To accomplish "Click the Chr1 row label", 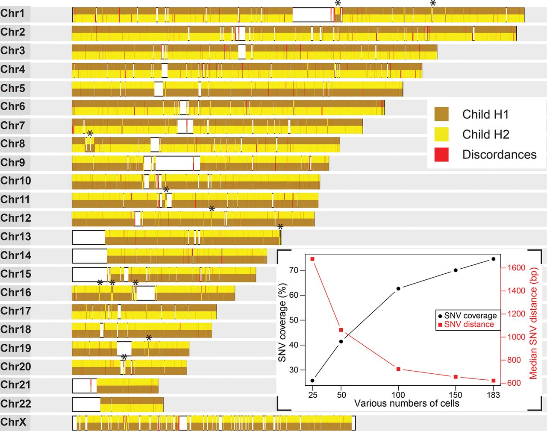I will point(13,14).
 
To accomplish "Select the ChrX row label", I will point(14,422).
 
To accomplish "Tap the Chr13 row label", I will point(16,237).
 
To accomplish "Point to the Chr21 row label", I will point(16,385).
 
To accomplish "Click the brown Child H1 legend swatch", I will point(441,114).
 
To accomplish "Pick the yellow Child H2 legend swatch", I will point(441,135).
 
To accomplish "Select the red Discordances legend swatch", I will point(441,155).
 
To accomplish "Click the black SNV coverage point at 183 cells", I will point(494,259).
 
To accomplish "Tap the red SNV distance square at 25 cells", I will point(312,259).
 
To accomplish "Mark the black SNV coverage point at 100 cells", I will point(398,289).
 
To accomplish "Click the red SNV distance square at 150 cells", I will point(456,377).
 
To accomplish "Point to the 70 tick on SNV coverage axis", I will point(294,270).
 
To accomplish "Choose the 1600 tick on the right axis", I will point(516,268).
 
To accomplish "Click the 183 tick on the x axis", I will point(493,395).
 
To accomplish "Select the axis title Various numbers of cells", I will point(406,404).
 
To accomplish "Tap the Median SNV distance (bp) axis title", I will point(534,323).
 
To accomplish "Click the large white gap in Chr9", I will point(174,163).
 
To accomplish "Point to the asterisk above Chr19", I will point(149,338).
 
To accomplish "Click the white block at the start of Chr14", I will point(89,256).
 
